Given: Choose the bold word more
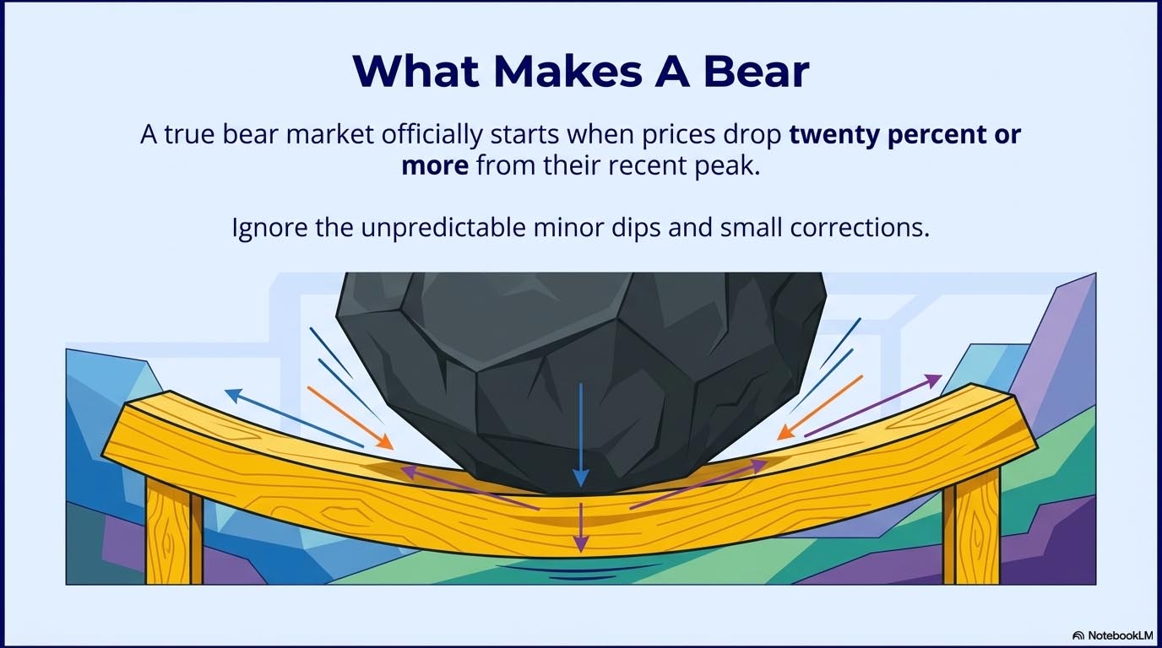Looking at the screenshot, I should point(435,165).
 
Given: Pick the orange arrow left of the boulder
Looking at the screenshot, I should point(350,417).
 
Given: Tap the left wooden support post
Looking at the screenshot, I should point(173,532).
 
